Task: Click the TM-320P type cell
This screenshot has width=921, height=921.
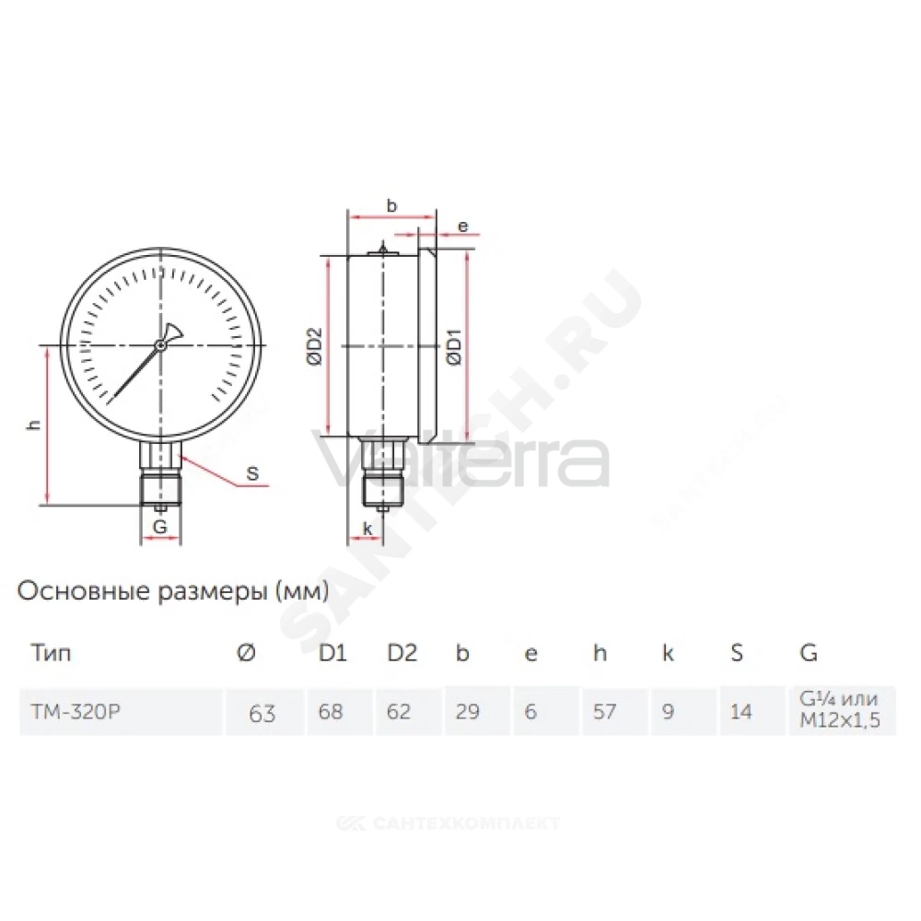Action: pos(76,711)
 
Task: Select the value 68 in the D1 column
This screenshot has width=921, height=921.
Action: pos(331,711)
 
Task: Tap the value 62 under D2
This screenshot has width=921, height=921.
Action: pos(399,711)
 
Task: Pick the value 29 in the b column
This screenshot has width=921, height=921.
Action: pos(468,711)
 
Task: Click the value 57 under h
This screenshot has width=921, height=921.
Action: pos(604,711)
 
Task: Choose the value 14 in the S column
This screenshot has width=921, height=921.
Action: pos(741,711)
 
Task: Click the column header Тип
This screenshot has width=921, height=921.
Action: pos(51,653)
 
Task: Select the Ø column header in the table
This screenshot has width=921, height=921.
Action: pos(247,653)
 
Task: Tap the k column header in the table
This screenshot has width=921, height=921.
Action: pos(668,653)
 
